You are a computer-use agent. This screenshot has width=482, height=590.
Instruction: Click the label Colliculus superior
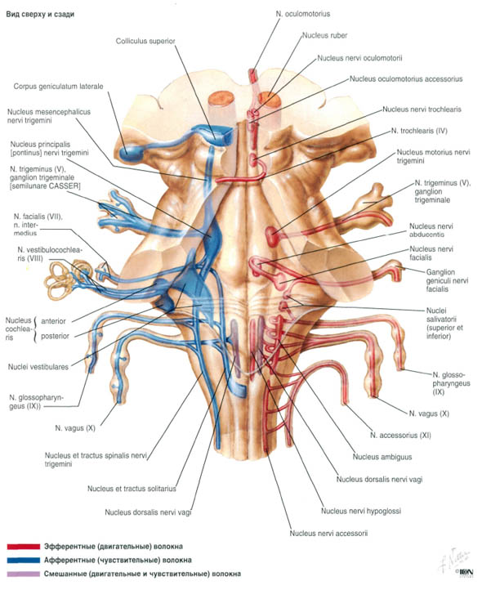pyautogui.click(x=145, y=41)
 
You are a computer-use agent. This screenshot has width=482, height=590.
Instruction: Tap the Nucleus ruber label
pyautogui.click(x=324, y=35)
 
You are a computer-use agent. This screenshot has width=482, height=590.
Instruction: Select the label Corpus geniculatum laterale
pyautogui.click(x=58, y=86)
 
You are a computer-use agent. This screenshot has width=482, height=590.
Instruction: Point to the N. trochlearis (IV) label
pyautogui.click(x=419, y=131)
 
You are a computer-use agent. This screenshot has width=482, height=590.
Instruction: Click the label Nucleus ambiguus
pyautogui.click(x=382, y=457)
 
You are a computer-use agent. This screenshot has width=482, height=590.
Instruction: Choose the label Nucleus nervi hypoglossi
pyautogui.click(x=361, y=511)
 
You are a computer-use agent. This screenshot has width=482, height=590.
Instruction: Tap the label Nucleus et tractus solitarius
pyautogui.click(x=132, y=489)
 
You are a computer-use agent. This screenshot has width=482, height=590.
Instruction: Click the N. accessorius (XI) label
pyautogui.click(x=400, y=436)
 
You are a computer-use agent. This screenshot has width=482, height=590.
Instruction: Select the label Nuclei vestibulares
pyautogui.click(x=38, y=366)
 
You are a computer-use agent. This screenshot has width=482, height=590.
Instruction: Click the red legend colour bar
pyautogui.click(x=24, y=547)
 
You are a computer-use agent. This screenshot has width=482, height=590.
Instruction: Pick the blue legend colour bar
pyautogui.click(x=24, y=561)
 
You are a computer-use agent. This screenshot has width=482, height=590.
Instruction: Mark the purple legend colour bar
pyautogui.click(x=24, y=574)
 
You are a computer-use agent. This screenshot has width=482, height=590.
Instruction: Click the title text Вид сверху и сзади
pyautogui.click(x=40, y=14)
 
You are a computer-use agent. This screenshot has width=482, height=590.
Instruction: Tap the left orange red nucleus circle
pyautogui.click(x=221, y=99)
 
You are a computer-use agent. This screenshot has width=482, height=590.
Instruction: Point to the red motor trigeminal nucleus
pyautogui.click(x=271, y=236)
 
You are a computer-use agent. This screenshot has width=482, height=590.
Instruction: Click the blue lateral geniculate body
pyautogui.click(x=130, y=151)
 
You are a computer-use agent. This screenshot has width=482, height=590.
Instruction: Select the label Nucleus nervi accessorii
pyautogui.click(x=328, y=533)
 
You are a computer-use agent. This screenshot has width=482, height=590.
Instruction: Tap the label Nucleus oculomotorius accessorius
pyautogui.click(x=406, y=79)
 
